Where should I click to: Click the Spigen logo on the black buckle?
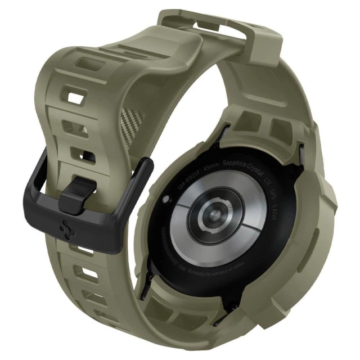click(64, 229)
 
